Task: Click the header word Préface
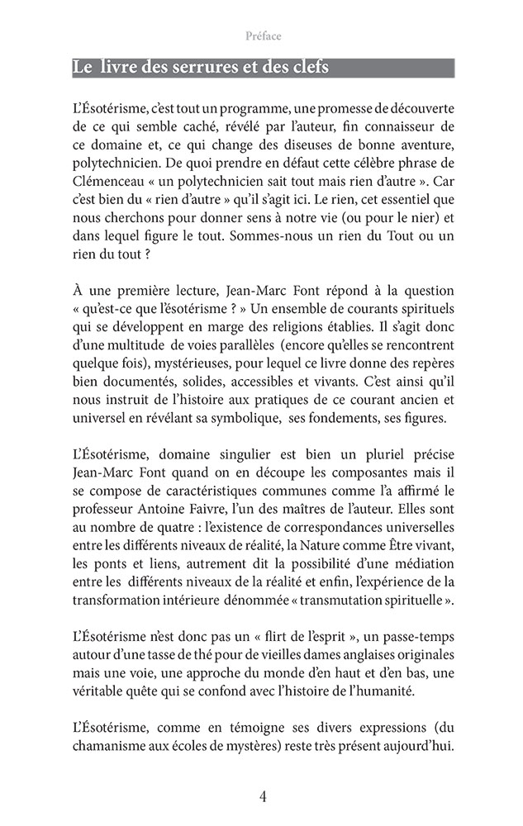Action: click(264, 36)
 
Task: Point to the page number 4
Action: click(262, 796)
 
